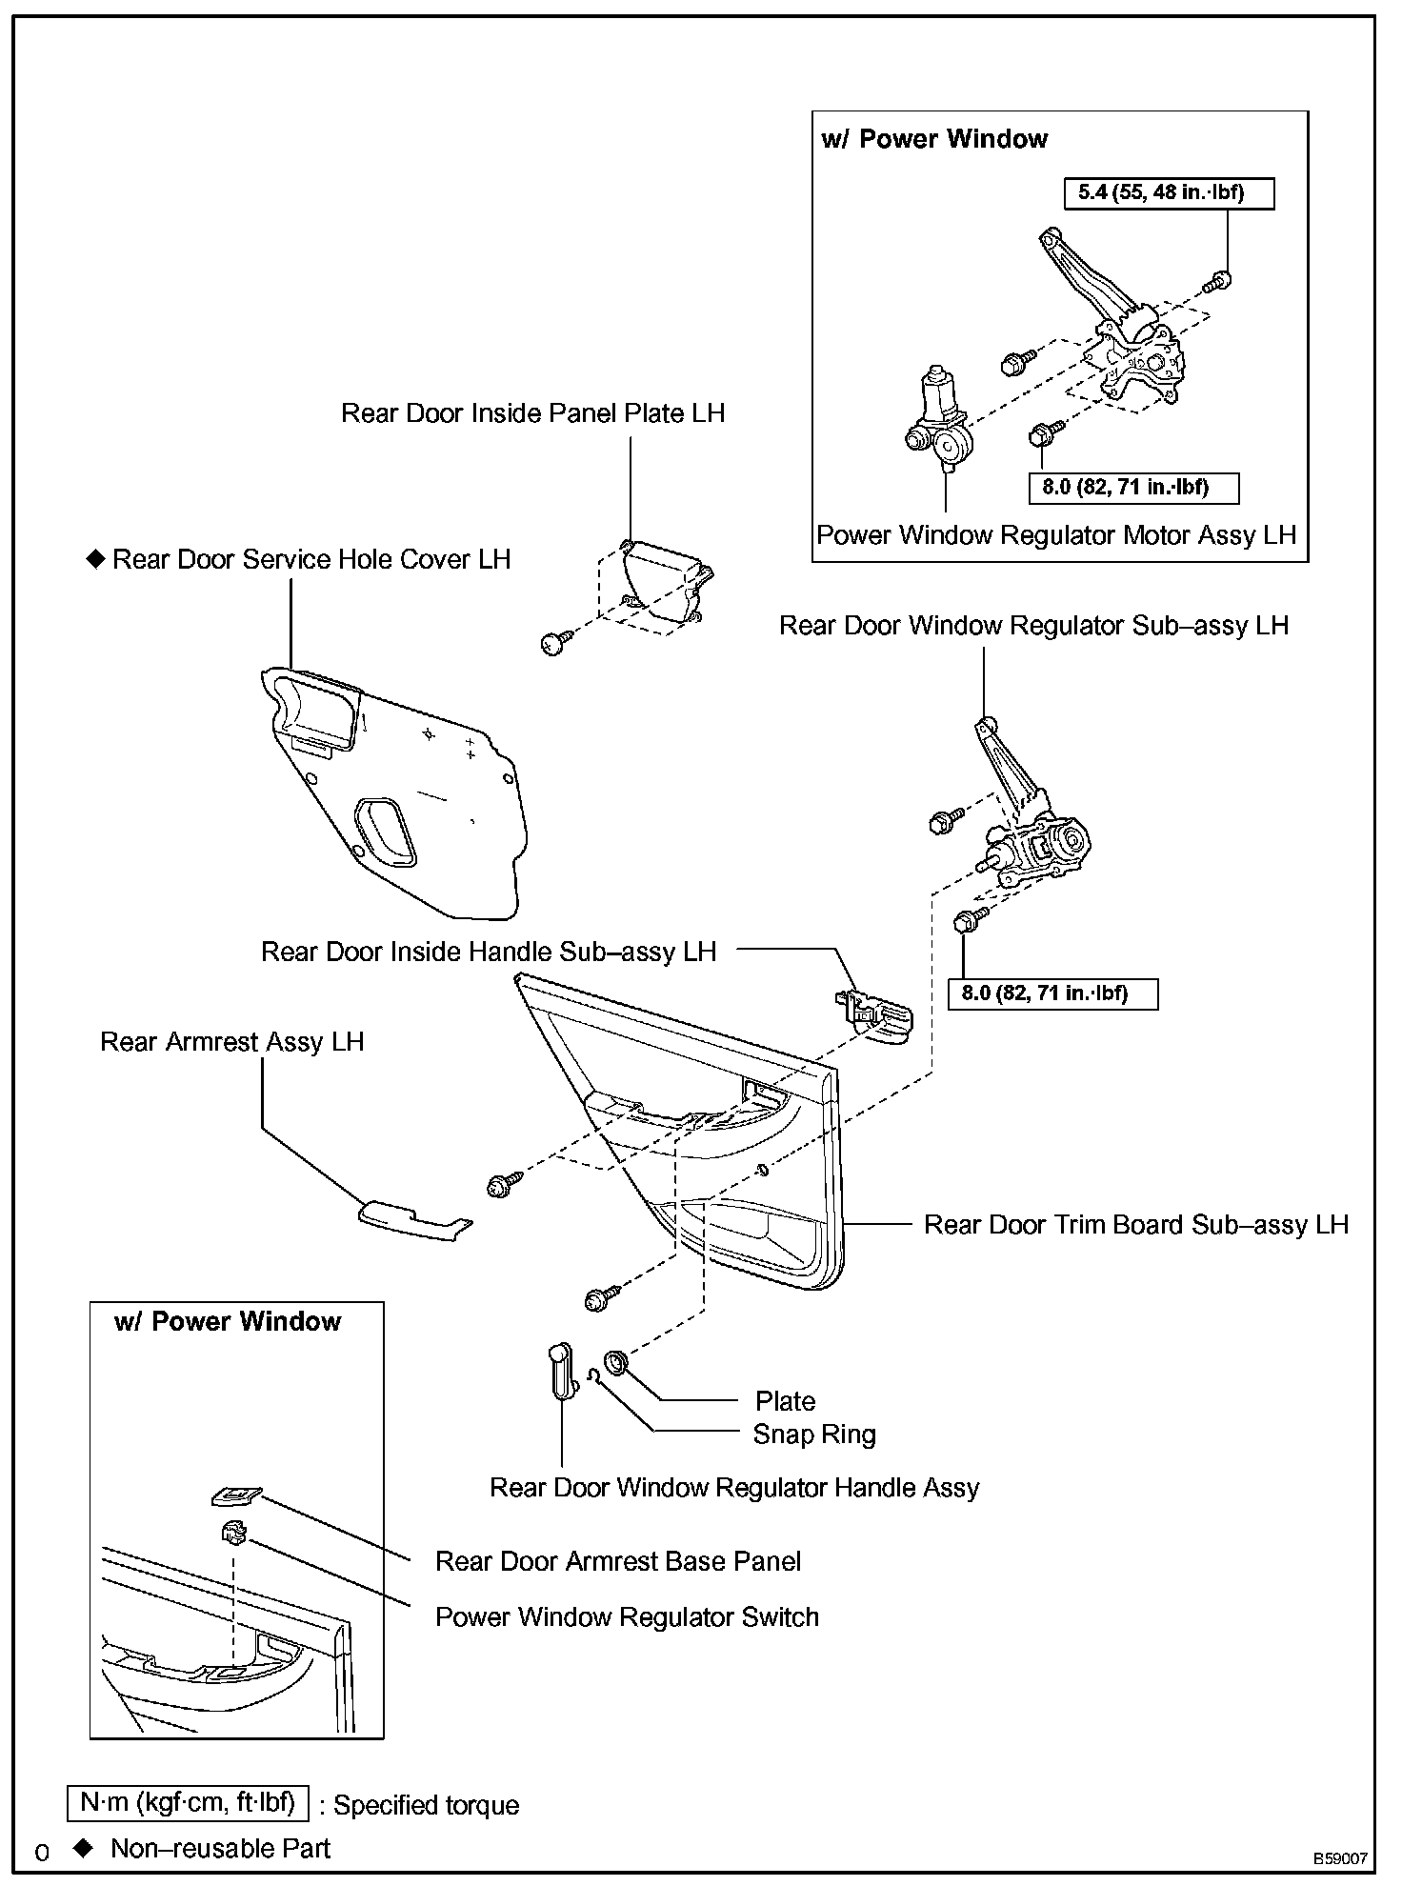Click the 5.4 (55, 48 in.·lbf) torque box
tap(1168, 193)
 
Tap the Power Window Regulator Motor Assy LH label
tap(1056, 535)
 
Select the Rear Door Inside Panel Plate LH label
tap(532, 413)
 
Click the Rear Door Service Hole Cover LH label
tap(310, 559)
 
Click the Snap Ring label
tap(813, 1435)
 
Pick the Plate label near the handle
tap(785, 1401)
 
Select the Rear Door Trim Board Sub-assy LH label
tap(1135, 1225)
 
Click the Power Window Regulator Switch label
tap(627, 1617)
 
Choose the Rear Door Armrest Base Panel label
tap(617, 1562)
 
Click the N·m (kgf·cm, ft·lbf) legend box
tap(188, 1802)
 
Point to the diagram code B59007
tap(1340, 1858)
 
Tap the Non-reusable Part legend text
tap(220, 1849)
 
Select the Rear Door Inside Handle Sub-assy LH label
tap(488, 952)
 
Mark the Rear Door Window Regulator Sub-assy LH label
tap(1033, 626)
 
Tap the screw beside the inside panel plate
tap(556, 643)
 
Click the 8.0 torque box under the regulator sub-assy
tap(1052, 993)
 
